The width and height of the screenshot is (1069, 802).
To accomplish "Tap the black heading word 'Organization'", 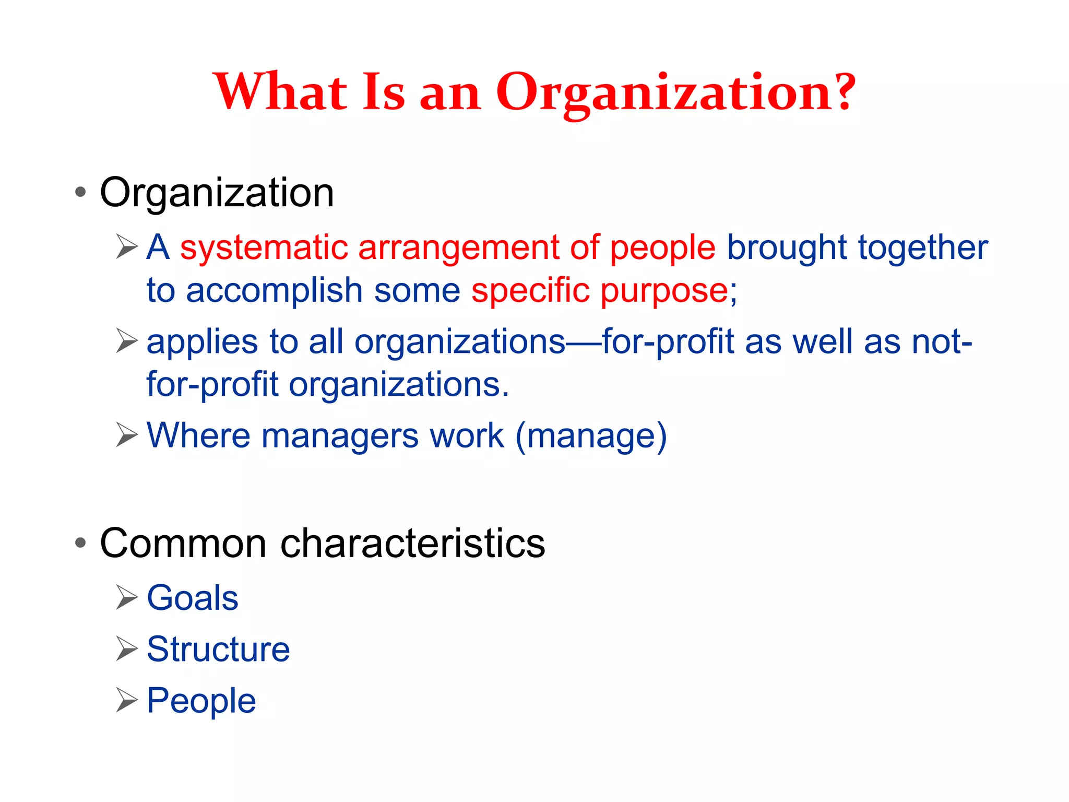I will [217, 193].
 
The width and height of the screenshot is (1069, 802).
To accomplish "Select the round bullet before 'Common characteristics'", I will [80, 542].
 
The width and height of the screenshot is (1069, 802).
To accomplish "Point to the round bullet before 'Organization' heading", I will [80, 192].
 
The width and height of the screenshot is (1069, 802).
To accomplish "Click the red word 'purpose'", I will [664, 291].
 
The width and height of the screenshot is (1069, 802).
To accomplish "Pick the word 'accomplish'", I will [274, 290].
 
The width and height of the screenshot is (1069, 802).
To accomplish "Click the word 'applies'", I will [202, 343].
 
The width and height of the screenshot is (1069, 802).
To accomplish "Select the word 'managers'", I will [339, 436].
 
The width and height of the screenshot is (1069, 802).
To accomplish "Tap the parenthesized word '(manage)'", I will [591, 436].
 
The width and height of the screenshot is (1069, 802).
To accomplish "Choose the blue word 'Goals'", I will [193, 598].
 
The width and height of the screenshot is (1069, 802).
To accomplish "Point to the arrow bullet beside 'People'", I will [126, 700].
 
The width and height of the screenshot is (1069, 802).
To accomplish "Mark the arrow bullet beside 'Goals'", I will [126, 597].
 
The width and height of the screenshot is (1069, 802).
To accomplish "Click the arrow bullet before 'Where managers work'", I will [126, 435].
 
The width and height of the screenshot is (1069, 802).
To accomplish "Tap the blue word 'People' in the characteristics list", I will [201, 701].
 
